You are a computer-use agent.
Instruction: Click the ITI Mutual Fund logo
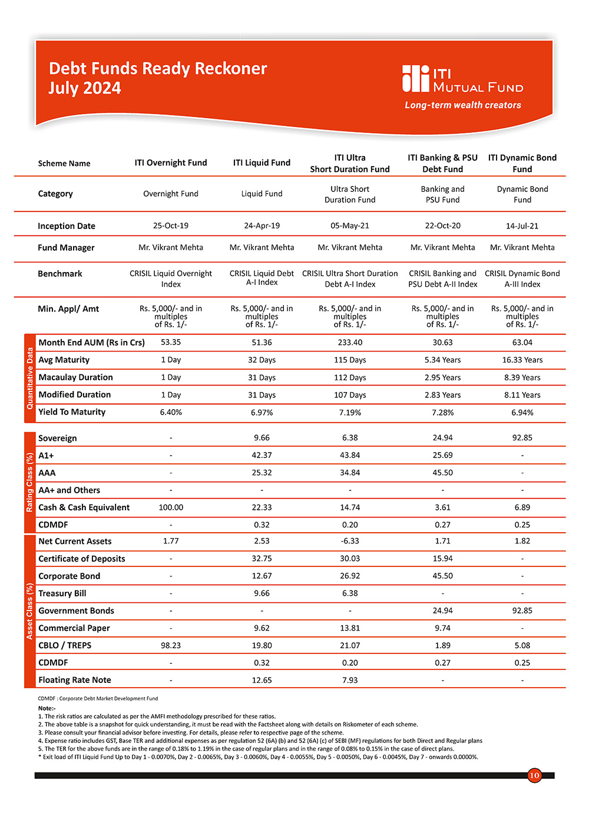pyautogui.click(x=462, y=79)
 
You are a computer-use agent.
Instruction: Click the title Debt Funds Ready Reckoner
pyautogui.click(x=158, y=69)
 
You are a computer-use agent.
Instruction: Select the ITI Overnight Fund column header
pyautogui.click(x=171, y=163)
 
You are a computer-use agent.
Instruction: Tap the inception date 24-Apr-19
pyautogui.click(x=262, y=225)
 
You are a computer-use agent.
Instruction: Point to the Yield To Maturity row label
pyautogui.click(x=72, y=412)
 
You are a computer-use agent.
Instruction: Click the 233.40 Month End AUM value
pyautogui.click(x=350, y=343)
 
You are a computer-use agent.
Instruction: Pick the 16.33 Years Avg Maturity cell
pyautogui.click(x=522, y=360)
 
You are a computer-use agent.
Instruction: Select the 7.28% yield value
pyautogui.click(x=442, y=413)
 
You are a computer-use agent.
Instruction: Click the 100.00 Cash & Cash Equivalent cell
pyautogui.click(x=171, y=507)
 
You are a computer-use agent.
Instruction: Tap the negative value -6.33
pyautogui.click(x=350, y=541)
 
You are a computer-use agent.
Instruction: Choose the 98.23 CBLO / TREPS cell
pyautogui.click(x=171, y=645)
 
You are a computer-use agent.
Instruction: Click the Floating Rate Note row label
pyautogui.click(x=75, y=680)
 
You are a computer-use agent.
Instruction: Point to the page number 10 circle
pyautogui.click(x=534, y=775)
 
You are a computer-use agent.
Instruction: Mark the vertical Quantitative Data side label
pyautogui.click(x=30, y=379)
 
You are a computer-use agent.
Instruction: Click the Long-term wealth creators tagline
pyautogui.click(x=463, y=105)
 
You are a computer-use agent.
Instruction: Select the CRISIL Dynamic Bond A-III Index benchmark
pyautogui.click(x=522, y=278)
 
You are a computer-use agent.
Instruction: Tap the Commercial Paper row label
pyautogui.click(x=74, y=628)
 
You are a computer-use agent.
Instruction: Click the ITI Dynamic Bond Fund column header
pyautogui.click(x=522, y=163)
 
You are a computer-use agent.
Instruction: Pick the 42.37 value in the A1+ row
pyautogui.click(x=262, y=455)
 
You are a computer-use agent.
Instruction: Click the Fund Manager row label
pyautogui.click(x=66, y=248)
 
